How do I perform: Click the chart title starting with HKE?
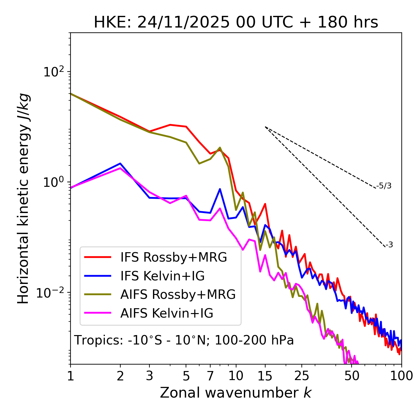click(x=236, y=23)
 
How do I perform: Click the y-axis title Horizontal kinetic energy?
click(x=23, y=198)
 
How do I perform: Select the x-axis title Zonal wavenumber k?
click(x=235, y=392)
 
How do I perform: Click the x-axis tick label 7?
click(x=210, y=376)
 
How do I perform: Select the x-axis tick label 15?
click(x=265, y=376)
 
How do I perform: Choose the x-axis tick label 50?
click(x=352, y=376)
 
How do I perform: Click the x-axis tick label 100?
click(x=401, y=376)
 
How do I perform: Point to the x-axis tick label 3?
click(x=149, y=376)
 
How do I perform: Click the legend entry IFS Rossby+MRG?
click(x=173, y=257)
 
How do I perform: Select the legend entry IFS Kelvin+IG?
click(x=162, y=276)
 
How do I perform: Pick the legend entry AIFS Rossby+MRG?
click(x=178, y=295)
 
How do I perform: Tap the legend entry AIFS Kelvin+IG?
click(x=167, y=313)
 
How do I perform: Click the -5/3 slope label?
click(x=384, y=186)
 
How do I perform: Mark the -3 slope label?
click(x=389, y=245)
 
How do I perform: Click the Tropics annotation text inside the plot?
click(x=184, y=340)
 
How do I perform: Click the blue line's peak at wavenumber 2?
click(x=120, y=163)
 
